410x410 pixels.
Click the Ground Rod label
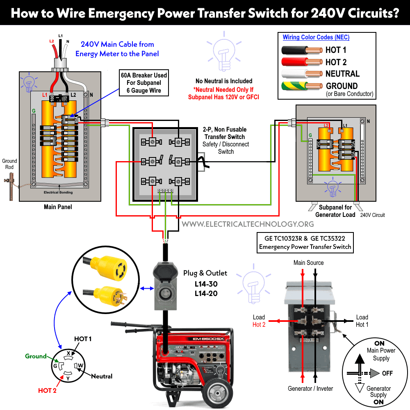coord(9,164)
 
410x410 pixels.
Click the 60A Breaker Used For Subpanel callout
coord(143,83)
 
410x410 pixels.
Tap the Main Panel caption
coord(58,207)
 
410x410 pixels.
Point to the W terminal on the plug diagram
coord(80,365)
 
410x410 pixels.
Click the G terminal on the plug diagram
coord(55,365)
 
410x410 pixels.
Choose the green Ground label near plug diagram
coord(36,356)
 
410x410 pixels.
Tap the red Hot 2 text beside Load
coord(259,325)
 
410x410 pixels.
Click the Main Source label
coord(308,262)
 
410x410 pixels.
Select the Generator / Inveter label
coord(310,388)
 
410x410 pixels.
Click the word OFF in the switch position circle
coord(387,373)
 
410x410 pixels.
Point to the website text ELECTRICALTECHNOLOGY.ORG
coord(248,224)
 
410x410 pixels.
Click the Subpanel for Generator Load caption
coord(335,211)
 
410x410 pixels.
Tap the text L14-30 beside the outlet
coord(206,284)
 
